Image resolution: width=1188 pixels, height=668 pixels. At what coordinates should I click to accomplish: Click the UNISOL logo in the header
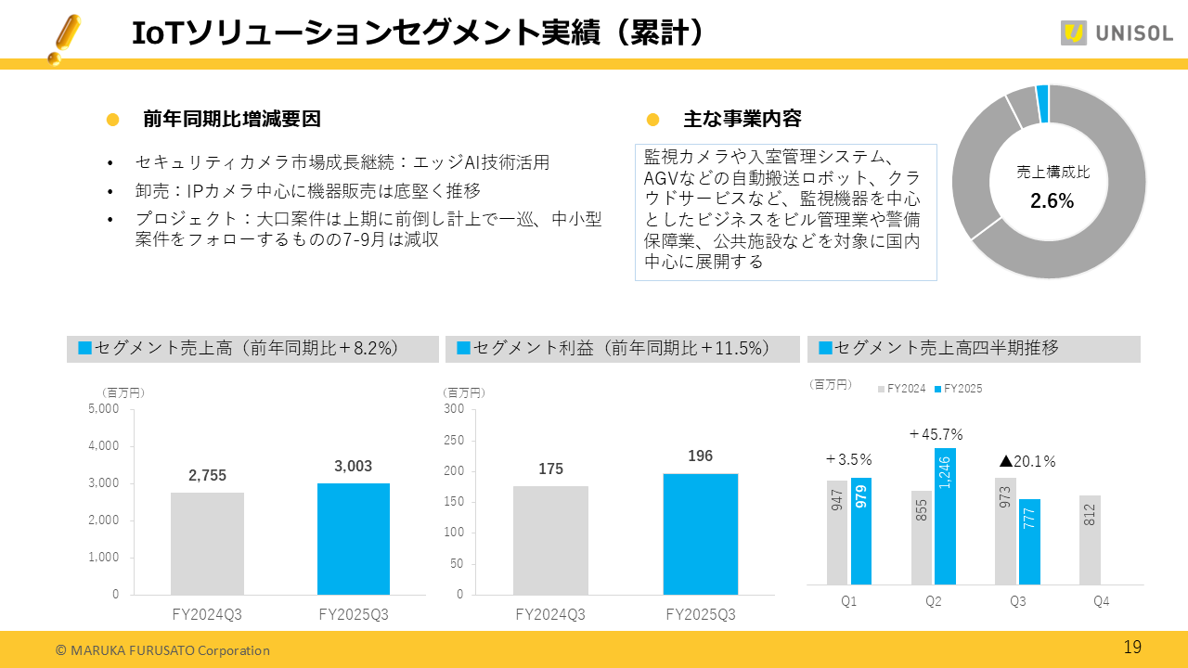click(x=1117, y=33)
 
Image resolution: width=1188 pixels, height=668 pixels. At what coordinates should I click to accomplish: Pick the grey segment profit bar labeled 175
click(x=550, y=540)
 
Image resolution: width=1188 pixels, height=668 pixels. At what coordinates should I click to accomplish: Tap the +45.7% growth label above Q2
click(x=936, y=434)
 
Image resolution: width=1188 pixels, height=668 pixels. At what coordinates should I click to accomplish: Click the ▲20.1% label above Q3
click(x=1027, y=461)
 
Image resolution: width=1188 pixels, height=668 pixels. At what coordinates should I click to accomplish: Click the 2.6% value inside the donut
click(x=1052, y=201)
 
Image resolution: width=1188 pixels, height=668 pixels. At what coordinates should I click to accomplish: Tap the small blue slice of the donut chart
click(x=1042, y=103)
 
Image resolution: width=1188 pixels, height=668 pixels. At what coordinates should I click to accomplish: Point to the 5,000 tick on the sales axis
click(x=103, y=408)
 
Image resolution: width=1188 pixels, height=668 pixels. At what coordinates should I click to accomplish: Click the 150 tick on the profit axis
click(x=453, y=502)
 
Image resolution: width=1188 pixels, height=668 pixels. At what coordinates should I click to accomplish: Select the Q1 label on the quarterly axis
click(x=848, y=601)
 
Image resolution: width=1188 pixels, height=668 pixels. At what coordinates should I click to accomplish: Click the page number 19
click(x=1132, y=648)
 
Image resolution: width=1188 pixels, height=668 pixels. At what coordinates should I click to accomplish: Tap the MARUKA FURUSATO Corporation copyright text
click(x=162, y=650)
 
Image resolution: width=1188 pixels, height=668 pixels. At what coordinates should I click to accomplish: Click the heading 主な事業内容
click(x=742, y=120)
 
